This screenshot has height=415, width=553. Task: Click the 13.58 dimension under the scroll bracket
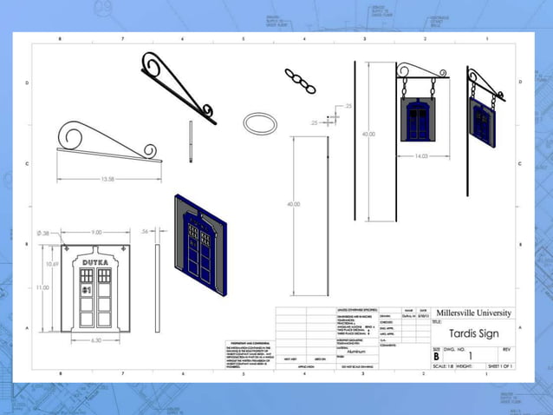coord(107,179)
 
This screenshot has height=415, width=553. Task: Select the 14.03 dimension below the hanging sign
coord(421,156)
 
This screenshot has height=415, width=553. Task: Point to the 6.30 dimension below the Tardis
coord(97,340)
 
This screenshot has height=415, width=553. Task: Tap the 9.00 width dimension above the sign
coord(97,232)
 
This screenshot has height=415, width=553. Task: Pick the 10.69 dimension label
coord(53,264)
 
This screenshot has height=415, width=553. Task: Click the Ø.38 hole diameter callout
coord(43,233)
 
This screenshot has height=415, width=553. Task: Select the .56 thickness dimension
coord(146,232)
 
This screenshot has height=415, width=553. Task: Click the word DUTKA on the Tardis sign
coord(96,261)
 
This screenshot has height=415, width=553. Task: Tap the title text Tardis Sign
coord(472,333)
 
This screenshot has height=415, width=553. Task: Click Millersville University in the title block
coord(473,313)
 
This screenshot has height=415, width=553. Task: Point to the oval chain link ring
coord(259,122)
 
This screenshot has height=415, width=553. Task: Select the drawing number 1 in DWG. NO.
coord(471,356)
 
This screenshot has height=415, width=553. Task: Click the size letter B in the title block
coord(437,356)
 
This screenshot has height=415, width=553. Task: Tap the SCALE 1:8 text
coord(443,367)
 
